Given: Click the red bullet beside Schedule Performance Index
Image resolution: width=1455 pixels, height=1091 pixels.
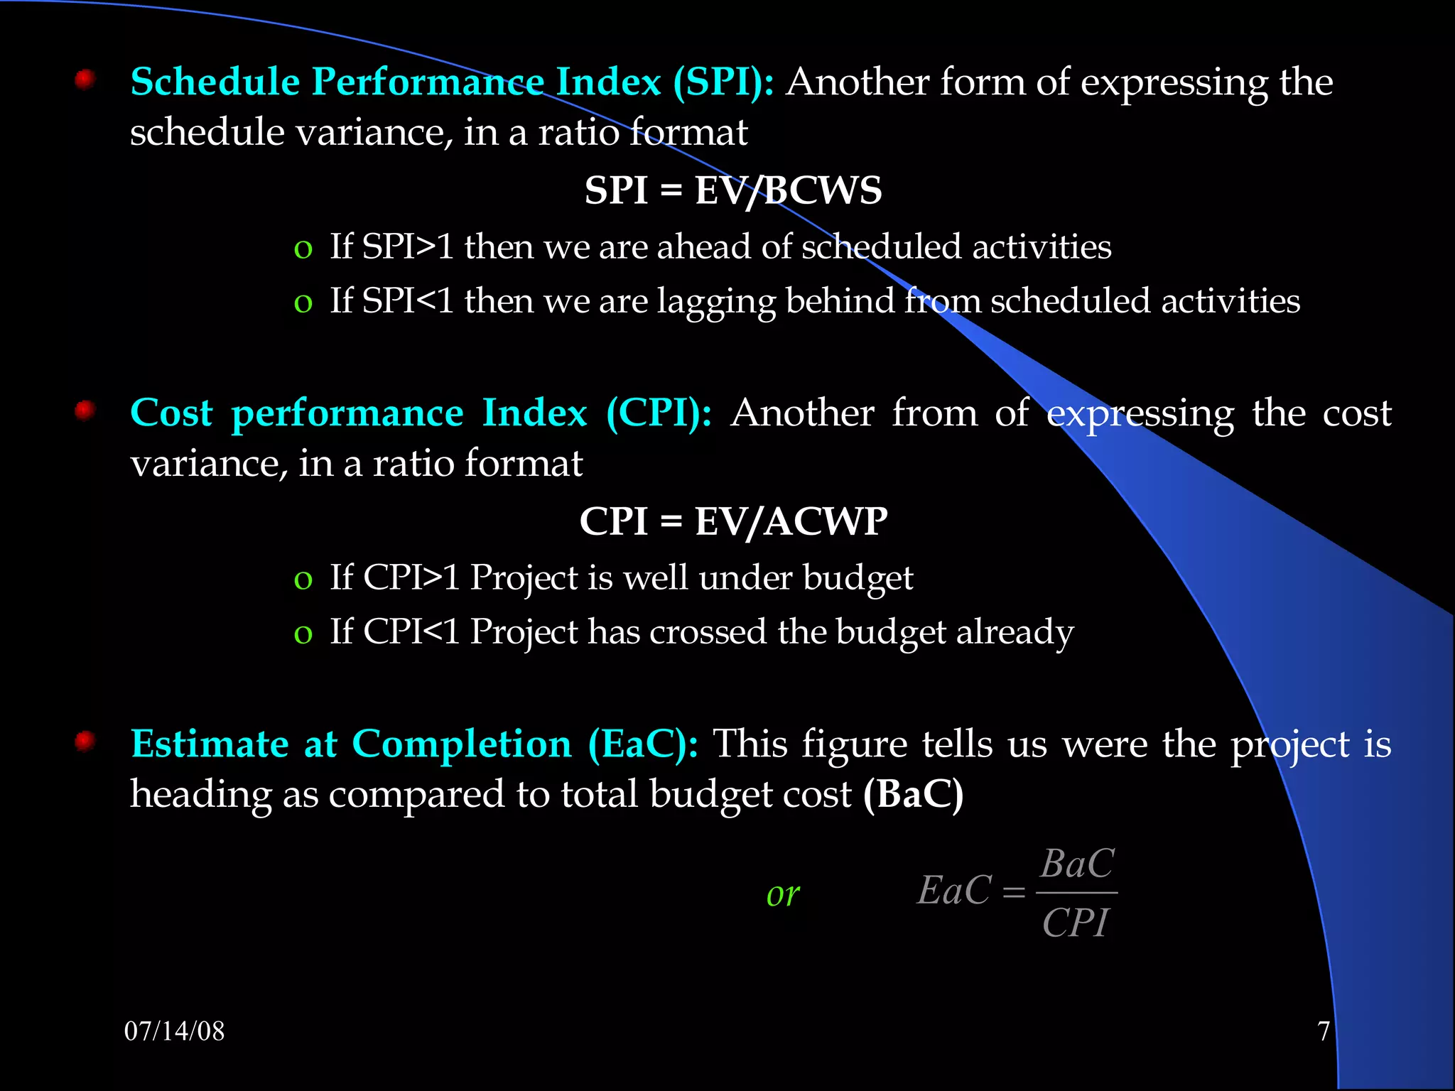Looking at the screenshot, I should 85,79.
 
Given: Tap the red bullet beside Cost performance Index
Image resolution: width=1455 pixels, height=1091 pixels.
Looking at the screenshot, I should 85,411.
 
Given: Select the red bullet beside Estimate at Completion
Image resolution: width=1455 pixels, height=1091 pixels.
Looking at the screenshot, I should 85,742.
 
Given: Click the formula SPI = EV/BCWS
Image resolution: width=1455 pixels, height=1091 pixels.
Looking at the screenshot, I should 732,190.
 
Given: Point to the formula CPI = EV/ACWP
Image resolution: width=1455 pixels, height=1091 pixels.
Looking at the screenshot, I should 732,521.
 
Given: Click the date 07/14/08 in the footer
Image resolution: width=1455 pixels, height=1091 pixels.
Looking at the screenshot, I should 174,1031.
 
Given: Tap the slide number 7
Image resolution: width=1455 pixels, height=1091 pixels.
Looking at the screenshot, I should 1323,1031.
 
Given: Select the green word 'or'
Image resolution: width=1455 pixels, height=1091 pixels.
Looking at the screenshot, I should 783,894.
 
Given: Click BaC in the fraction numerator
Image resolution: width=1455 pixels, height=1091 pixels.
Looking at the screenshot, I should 1077,864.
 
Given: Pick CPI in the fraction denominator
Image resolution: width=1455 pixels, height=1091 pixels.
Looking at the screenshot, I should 1075,923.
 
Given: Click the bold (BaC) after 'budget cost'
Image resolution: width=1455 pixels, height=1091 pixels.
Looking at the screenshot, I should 913,794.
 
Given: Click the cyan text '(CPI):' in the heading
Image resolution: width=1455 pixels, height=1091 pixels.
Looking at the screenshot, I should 659,413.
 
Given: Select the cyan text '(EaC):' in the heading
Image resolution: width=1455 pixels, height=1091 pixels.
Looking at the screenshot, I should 643,744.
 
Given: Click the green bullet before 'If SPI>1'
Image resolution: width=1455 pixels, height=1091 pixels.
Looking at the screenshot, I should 303,249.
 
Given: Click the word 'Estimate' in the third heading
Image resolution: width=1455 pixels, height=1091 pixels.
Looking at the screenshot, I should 210,744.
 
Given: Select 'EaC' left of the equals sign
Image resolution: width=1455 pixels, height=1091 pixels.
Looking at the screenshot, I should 954,891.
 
